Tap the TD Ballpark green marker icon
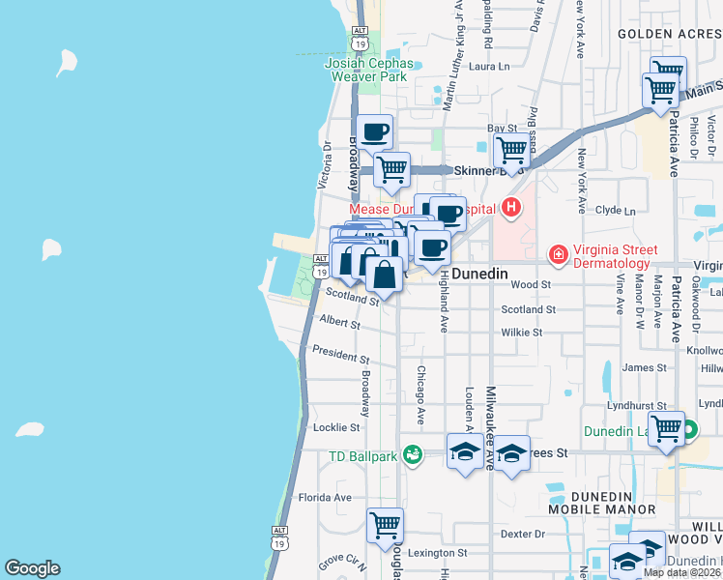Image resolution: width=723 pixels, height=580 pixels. [x=413, y=453]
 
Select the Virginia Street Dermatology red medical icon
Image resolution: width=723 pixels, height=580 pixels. [x=558, y=254]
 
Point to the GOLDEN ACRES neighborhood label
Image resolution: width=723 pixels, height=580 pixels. [x=668, y=33]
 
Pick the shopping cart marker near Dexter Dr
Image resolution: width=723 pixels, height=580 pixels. [x=385, y=525]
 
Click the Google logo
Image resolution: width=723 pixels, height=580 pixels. [x=32, y=568]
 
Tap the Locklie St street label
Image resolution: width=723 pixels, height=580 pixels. [x=336, y=426]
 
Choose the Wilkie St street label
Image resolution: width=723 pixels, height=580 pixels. [x=522, y=332]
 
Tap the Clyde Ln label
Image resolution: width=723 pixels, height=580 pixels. [x=616, y=210]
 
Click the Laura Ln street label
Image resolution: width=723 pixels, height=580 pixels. [x=488, y=67]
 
